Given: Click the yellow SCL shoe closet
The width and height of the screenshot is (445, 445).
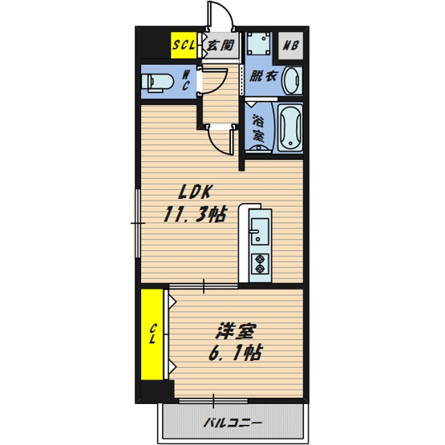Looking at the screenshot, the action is coord(184,45).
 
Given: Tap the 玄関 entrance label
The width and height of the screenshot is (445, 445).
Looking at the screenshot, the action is coord(220,46).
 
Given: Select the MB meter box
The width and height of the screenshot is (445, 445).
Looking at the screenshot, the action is coord(290,46).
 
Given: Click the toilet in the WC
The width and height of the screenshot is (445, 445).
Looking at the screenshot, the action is coord(157,82).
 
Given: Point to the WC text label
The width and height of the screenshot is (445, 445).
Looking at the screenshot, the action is coord(185,81).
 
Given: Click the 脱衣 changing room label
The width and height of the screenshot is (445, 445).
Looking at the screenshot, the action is coord(263,76).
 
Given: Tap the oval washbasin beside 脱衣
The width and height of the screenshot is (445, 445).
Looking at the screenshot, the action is coord(292,81).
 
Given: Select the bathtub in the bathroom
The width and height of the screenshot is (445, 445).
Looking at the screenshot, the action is coord(290,127).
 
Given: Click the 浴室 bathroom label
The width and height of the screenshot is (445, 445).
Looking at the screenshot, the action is coord(258,127).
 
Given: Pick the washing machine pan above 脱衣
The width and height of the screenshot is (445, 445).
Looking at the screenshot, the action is coord(258,43).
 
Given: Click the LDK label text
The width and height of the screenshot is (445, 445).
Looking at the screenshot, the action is coord(196,192).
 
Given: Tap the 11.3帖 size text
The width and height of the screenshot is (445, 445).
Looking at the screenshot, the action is coord(196,214).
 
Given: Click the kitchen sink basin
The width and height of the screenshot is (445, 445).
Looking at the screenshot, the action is coord(260,231).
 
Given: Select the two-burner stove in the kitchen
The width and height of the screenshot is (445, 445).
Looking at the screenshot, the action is coord(260,264).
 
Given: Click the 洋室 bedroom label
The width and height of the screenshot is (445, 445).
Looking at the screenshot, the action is coord(236,331).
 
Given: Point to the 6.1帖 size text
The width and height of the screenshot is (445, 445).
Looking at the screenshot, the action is coord(235,353).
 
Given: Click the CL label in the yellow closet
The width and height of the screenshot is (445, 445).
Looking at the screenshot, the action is coord(152,334).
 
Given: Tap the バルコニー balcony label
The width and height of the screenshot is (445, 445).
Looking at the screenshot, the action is coord(233,423).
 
